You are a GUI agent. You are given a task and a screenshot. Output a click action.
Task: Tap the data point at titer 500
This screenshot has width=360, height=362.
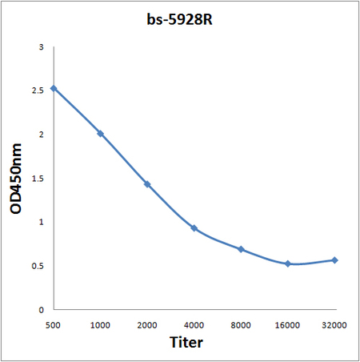tap(53, 88)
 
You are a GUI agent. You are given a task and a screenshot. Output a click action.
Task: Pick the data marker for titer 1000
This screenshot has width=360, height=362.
tap(100, 134)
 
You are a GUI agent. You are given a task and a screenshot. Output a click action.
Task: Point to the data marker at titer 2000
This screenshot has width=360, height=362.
tap(146, 184)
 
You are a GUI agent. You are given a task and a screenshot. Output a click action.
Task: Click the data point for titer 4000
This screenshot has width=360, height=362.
tap(194, 228)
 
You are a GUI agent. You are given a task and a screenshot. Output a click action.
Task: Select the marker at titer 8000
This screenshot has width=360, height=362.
tap(241, 249)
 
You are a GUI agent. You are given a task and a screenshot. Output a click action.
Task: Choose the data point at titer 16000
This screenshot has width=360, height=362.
tap(288, 263)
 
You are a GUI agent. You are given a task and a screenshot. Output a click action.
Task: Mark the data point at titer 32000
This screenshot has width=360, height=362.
tap(334, 260)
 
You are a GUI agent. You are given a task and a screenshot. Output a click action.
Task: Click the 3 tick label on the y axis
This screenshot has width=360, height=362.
tap(41, 48)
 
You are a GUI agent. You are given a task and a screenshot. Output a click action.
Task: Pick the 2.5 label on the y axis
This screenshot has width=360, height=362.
tap(37, 91)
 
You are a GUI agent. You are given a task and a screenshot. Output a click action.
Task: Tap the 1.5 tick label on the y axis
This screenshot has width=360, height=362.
tap(37, 179)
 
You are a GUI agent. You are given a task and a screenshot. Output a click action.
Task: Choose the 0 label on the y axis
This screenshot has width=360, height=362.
tap(41, 309)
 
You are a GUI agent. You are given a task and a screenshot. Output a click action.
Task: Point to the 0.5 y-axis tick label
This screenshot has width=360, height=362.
tap(37, 266)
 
